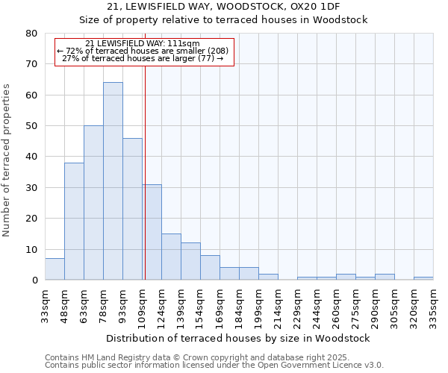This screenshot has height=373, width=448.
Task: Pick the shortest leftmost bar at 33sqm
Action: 55,269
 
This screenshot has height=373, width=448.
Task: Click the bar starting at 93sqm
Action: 132,209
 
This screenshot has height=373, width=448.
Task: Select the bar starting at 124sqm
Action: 171,257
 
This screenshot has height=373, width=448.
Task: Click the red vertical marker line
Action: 145,149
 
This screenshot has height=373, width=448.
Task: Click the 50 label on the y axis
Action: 32,126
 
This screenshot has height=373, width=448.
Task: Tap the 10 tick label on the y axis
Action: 32,250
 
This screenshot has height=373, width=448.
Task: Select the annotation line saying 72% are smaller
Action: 145,50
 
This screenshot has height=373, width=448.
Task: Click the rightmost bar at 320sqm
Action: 423,278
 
